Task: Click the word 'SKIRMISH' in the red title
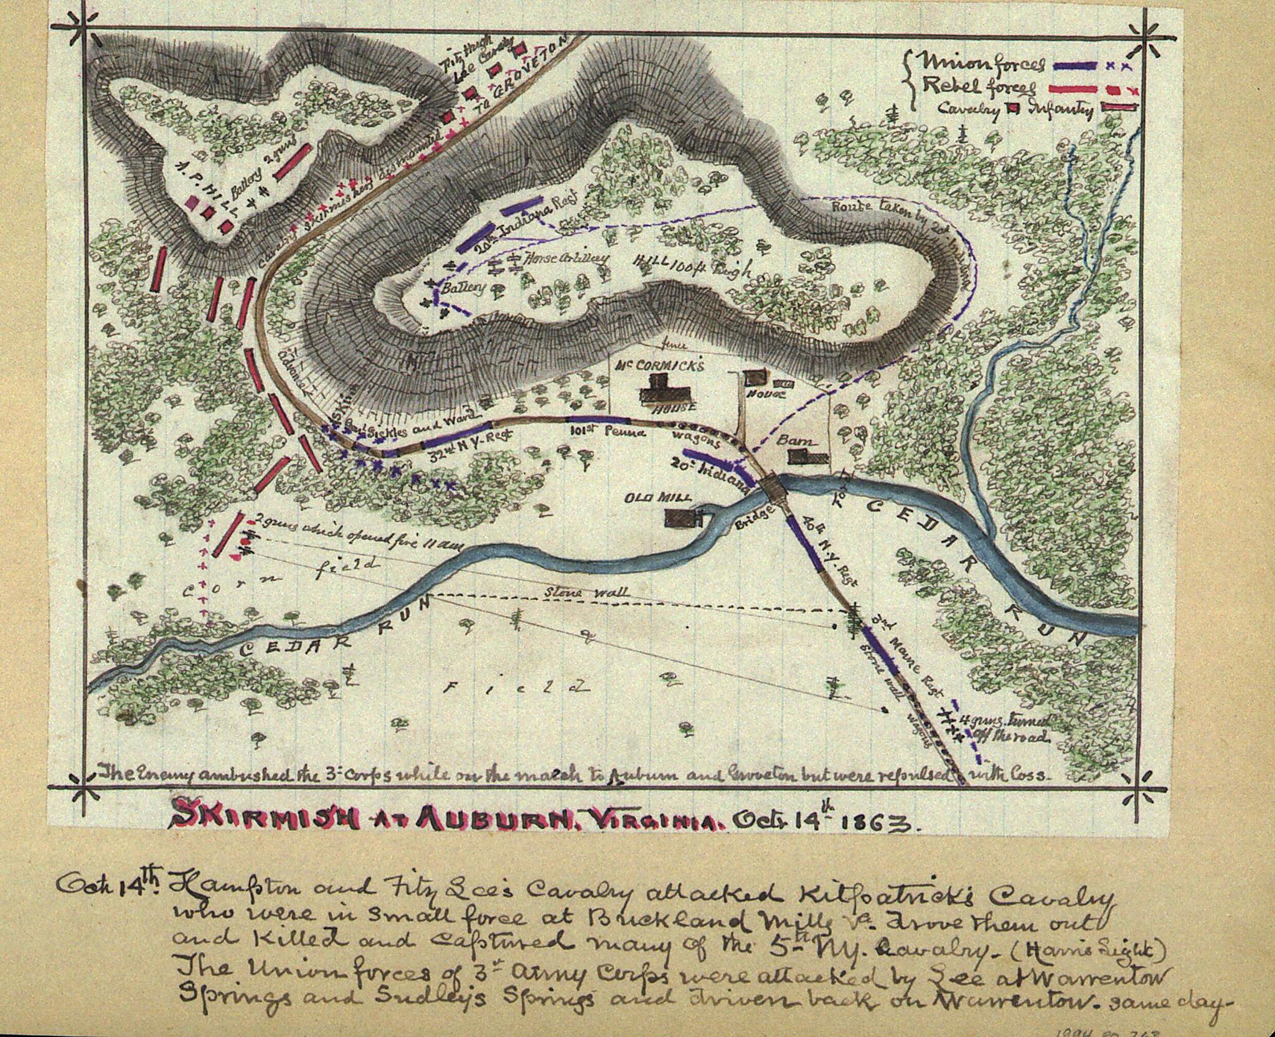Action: coord(262,822)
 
